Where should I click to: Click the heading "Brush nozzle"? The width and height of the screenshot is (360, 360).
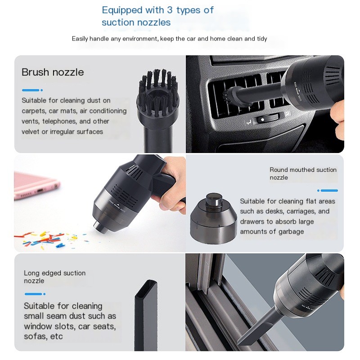click(53, 72)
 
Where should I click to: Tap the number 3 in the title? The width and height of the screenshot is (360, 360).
click(170, 10)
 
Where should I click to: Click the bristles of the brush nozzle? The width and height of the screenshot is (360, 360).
click(158, 92)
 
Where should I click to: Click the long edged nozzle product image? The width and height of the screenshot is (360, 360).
click(146, 315)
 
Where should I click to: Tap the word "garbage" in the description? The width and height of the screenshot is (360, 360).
click(291, 232)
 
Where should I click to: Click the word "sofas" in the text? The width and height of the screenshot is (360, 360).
click(35, 336)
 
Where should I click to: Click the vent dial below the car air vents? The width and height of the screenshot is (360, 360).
click(267, 119)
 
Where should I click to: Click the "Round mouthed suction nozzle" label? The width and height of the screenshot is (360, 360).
click(303, 174)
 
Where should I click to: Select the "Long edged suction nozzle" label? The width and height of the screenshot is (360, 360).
click(54, 277)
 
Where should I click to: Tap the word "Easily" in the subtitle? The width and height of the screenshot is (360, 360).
click(80, 39)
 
